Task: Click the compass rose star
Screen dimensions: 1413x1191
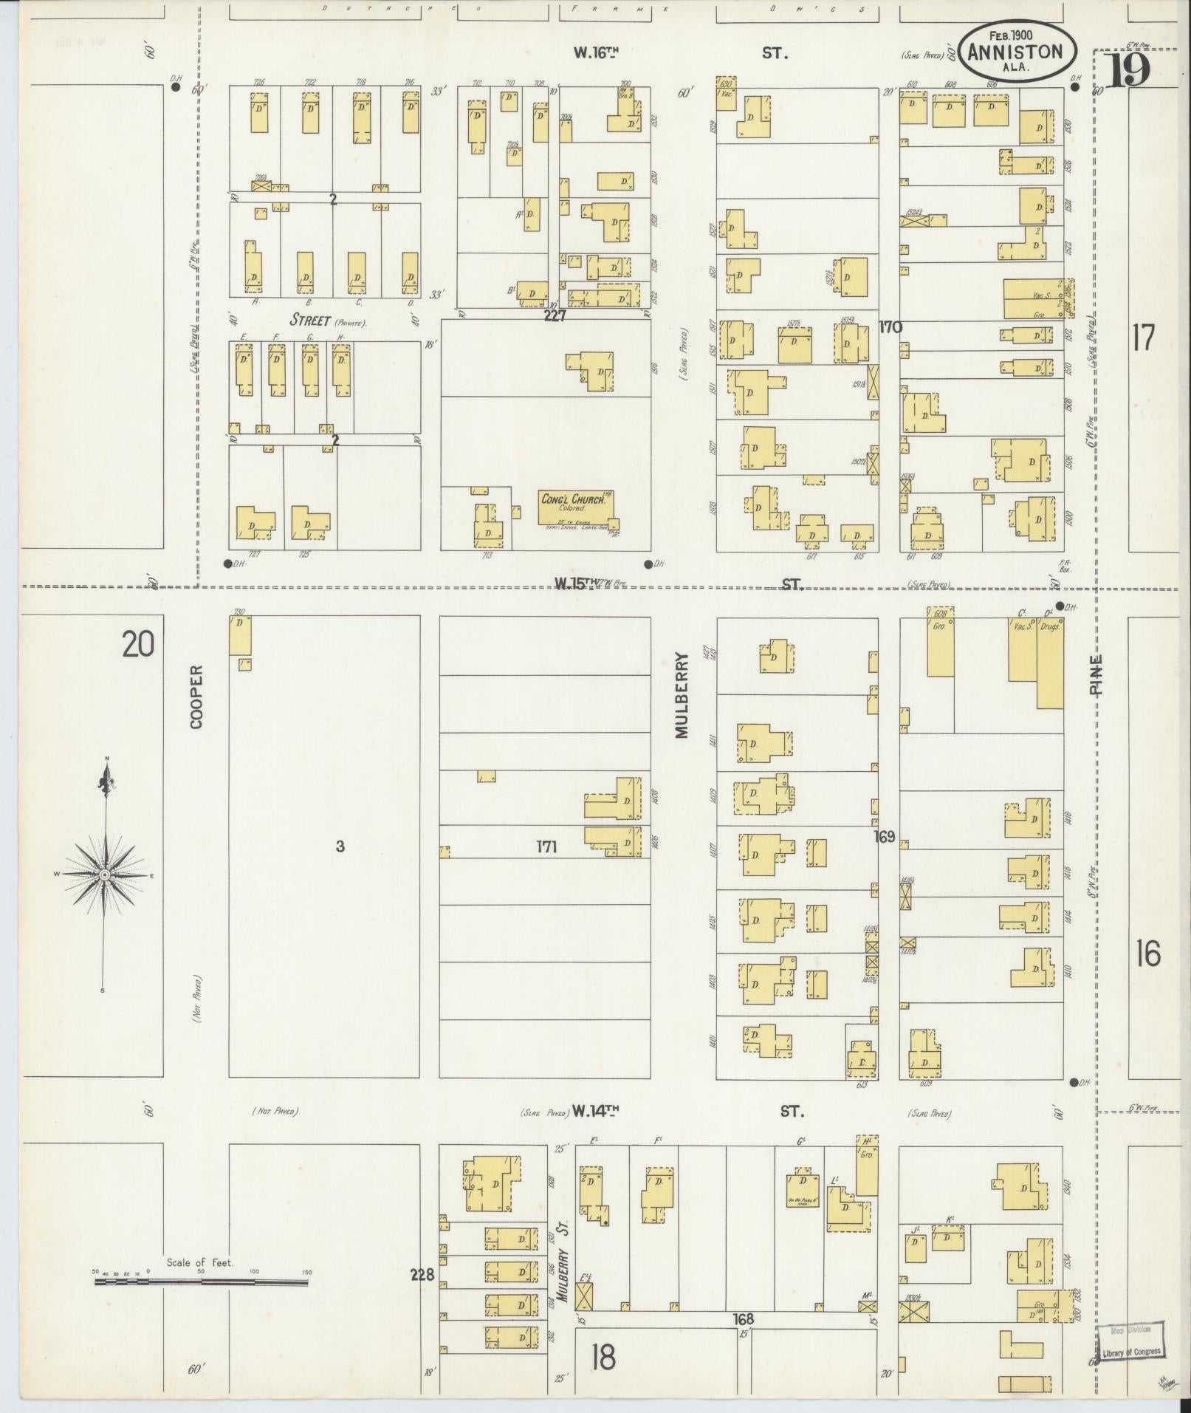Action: click(105, 875)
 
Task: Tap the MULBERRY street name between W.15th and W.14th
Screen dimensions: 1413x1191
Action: click(680, 694)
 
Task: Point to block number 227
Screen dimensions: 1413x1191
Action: click(554, 315)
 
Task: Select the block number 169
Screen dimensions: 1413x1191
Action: click(884, 837)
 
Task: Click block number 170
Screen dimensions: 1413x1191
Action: click(890, 326)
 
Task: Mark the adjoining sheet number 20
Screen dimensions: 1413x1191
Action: click(139, 645)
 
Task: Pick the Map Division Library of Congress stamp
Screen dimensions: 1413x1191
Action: click(1129, 1340)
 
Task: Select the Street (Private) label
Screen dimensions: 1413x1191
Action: click(327, 321)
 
